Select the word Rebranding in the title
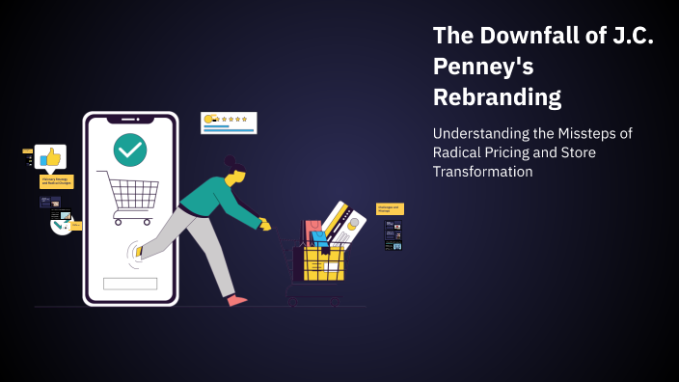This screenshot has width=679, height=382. [497, 97]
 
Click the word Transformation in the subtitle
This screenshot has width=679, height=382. [482, 171]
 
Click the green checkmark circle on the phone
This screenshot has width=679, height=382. [130, 150]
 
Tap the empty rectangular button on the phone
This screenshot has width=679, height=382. [130, 284]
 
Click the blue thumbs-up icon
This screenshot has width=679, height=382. [50, 156]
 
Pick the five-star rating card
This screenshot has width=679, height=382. [229, 123]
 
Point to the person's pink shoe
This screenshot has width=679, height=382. [236, 301]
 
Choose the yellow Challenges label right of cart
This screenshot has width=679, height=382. [390, 208]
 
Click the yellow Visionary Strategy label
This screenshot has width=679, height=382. [56, 181]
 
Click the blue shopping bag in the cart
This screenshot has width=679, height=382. [320, 238]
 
